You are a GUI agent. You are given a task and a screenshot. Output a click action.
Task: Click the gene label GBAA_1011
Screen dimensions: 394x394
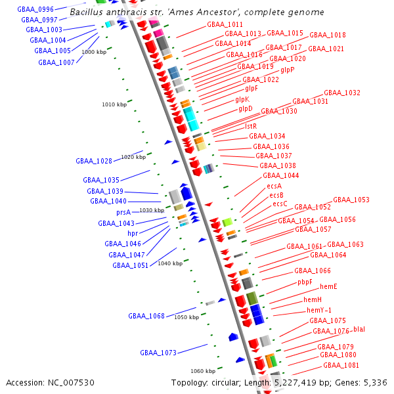tap(225, 24)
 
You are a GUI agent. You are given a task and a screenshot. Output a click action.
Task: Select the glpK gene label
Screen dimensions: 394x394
tap(242, 100)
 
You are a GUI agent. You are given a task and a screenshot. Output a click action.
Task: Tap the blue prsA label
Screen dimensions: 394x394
tap(123, 213)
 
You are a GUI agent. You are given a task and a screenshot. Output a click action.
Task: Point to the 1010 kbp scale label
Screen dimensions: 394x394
tap(114, 104)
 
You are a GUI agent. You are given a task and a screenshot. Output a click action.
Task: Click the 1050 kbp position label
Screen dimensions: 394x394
tap(186, 317)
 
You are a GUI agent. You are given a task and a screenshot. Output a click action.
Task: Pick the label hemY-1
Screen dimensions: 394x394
tap(319, 310)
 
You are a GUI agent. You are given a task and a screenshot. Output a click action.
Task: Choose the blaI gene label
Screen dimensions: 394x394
tap(359, 329)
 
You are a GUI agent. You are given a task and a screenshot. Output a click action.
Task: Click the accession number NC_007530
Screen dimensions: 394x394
tap(71, 383)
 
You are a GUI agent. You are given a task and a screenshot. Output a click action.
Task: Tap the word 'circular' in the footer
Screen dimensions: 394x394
tap(226, 383)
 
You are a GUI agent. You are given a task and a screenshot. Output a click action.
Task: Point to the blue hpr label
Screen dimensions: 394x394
tap(133, 233)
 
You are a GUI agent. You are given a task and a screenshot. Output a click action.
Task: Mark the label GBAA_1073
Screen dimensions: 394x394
tap(158, 353)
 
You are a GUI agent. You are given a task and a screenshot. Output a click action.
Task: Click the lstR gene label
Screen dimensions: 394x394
tap(251, 126)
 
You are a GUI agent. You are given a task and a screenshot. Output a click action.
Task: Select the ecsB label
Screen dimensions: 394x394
tap(276, 195)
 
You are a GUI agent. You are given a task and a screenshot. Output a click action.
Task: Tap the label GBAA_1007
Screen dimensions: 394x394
tap(56, 62)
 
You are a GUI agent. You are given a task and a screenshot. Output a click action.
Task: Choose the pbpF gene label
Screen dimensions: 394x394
tap(305, 282)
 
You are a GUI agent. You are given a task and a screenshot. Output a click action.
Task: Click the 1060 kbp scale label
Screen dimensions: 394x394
tap(203, 371)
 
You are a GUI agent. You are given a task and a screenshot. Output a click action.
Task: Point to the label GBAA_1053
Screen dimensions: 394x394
tap(351, 200)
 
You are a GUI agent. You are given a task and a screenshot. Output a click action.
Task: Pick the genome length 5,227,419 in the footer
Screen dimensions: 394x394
tap(295, 383)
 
